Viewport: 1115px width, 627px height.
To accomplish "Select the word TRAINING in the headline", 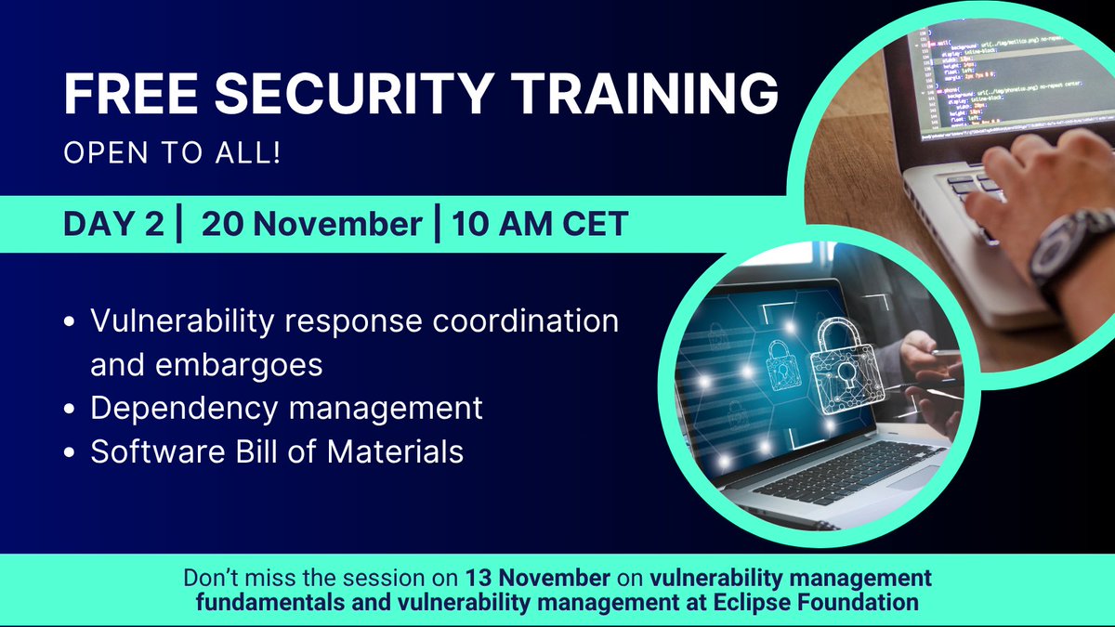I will (653, 95).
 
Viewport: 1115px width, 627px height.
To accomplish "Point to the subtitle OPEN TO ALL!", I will (173, 151).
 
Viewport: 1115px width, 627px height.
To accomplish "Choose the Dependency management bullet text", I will (286, 408).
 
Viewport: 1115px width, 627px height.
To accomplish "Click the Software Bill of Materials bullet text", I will (277, 451).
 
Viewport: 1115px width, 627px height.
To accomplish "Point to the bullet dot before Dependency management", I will (72, 409).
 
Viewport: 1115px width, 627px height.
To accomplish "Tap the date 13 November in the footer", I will (532, 578).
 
